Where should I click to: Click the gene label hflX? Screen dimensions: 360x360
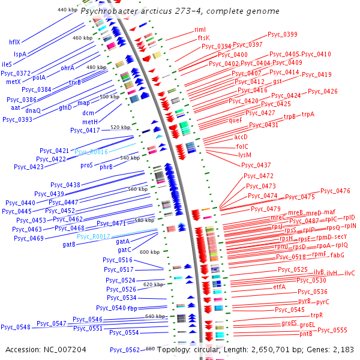14,42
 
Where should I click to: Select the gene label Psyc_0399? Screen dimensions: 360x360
282,35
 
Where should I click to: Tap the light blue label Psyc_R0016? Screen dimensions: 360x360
91,152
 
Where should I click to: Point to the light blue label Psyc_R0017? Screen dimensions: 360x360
93,236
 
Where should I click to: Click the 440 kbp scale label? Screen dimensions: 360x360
67,10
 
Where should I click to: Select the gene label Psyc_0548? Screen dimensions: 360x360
15,327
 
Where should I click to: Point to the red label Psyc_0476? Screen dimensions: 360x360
335,191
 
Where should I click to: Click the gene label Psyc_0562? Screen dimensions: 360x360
124,350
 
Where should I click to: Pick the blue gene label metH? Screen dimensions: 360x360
90,122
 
